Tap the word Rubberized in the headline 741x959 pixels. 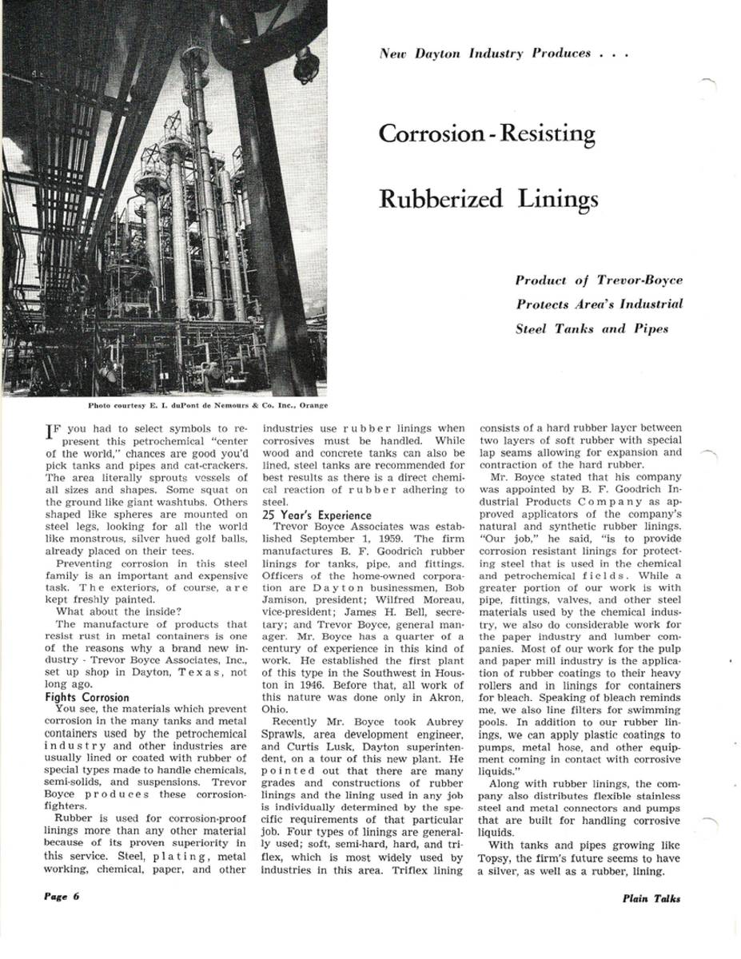pyautogui.click(x=440, y=198)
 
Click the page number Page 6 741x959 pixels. pyautogui.click(x=62, y=897)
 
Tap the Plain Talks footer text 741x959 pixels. pyautogui.click(x=651, y=898)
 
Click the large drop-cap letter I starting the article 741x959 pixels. pyautogui.click(x=51, y=433)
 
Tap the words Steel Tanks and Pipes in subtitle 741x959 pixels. pyautogui.click(x=592, y=328)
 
